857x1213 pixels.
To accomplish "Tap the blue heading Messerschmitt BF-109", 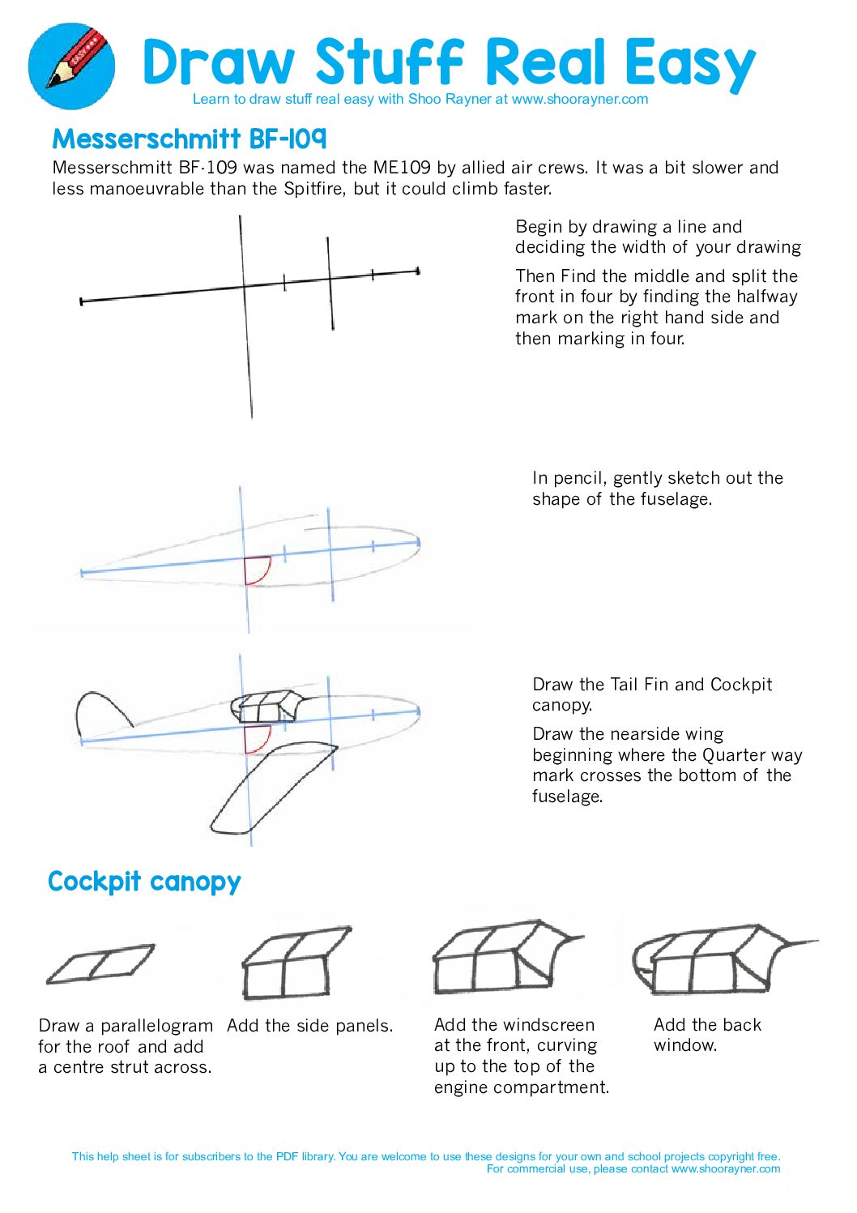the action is pyautogui.click(x=190, y=139).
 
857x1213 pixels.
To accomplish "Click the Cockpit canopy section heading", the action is pyautogui.click(x=144, y=882).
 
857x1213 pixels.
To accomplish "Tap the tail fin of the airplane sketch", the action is pyautogui.click(x=104, y=713).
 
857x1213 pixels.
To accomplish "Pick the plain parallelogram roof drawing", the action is pyautogui.click(x=100, y=964).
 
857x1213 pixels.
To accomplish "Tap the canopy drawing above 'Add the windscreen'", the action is pyautogui.click(x=508, y=958).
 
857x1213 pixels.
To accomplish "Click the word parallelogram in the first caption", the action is pyautogui.click(x=156, y=1026).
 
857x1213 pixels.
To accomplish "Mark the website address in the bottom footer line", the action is pyautogui.click(x=726, y=1168).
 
